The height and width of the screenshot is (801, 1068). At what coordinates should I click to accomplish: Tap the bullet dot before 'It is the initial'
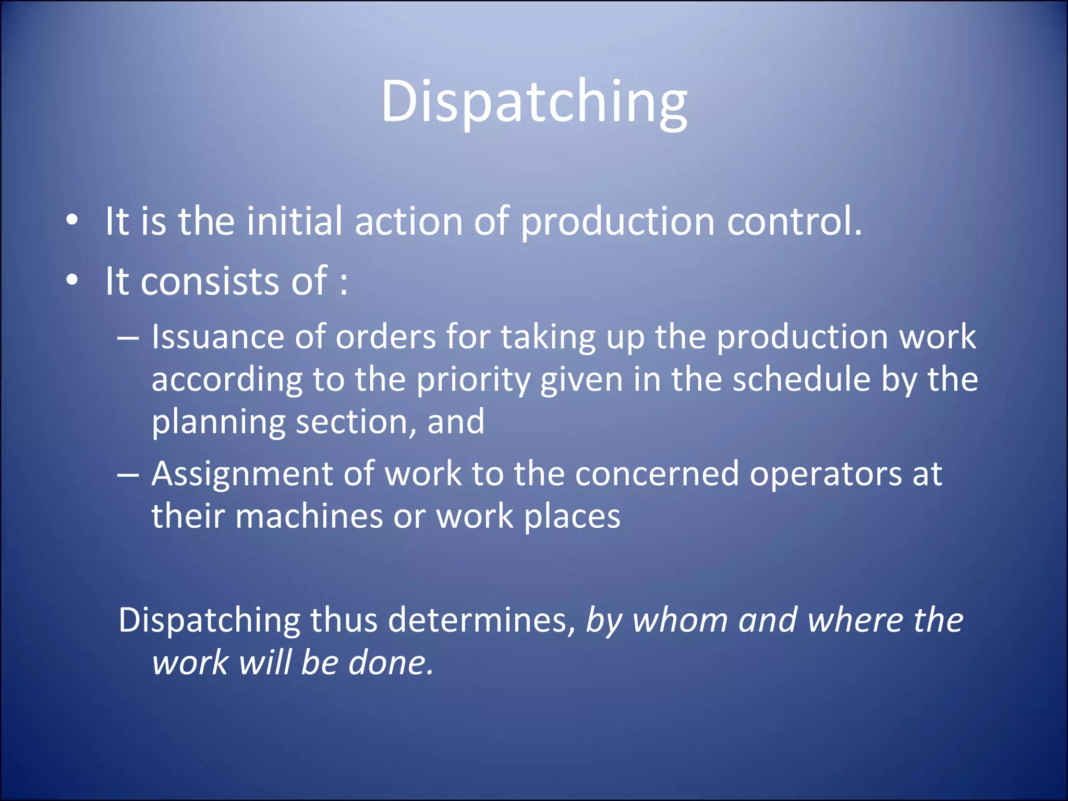point(72,221)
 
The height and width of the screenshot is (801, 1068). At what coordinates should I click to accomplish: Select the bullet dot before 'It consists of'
point(72,281)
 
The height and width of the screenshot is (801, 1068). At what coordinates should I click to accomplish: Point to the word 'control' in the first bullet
point(789,221)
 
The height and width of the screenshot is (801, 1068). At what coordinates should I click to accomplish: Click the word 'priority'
point(473,380)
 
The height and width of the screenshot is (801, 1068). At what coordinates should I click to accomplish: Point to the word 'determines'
point(478,621)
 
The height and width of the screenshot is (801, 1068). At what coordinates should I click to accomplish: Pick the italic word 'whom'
point(680,621)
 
